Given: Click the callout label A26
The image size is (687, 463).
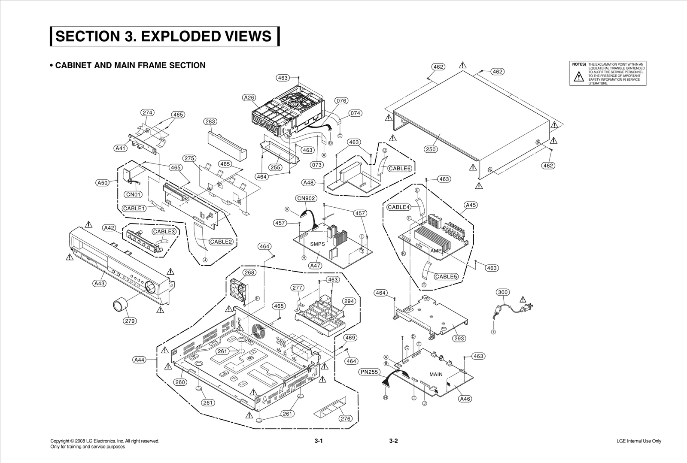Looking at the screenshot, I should click(x=249, y=98).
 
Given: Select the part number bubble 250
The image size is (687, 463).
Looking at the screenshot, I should click(x=431, y=149).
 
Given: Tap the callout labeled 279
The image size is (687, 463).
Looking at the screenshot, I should click(x=130, y=321).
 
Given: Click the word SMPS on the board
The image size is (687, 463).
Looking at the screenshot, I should click(x=317, y=244).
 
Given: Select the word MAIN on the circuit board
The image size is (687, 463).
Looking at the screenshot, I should click(x=436, y=374).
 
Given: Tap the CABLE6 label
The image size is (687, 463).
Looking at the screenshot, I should click(x=400, y=168).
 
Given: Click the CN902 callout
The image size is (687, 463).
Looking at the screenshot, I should click(x=306, y=198).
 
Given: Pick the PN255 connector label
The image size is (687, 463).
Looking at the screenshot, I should click(x=369, y=372).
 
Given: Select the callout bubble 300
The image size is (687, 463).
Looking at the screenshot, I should click(x=503, y=292).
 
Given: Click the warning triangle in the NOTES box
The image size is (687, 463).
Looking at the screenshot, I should click(x=579, y=77).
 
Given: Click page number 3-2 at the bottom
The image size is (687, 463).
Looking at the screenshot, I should click(x=394, y=441).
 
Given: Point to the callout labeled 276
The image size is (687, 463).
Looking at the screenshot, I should click(x=345, y=418).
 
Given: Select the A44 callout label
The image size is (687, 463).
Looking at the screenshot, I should click(x=140, y=360).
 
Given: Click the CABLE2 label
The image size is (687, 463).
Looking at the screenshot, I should click(x=221, y=242).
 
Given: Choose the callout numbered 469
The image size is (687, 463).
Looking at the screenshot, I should click(x=350, y=338).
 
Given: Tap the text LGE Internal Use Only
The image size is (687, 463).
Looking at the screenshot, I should click(x=638, y=441).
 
